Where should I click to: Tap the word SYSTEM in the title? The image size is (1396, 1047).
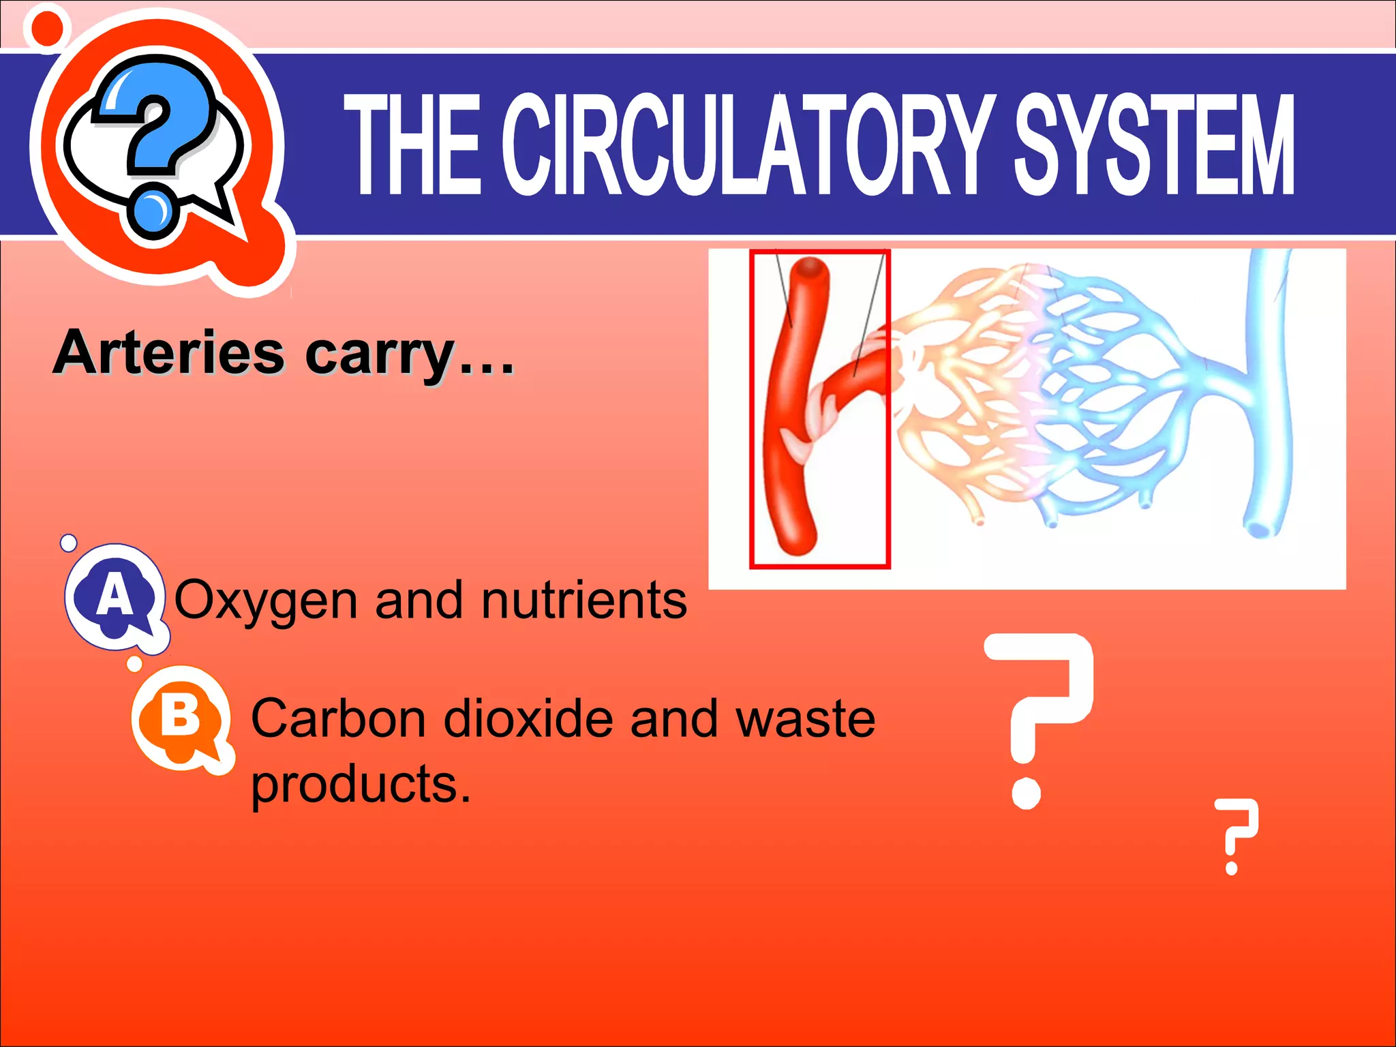point(1154,145)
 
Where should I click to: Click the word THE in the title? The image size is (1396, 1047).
point(414,145)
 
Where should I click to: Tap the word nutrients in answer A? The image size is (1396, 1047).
point(584,600)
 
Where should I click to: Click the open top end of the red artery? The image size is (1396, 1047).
point(810,268)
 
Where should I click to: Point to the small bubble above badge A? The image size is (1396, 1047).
point(69,543)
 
